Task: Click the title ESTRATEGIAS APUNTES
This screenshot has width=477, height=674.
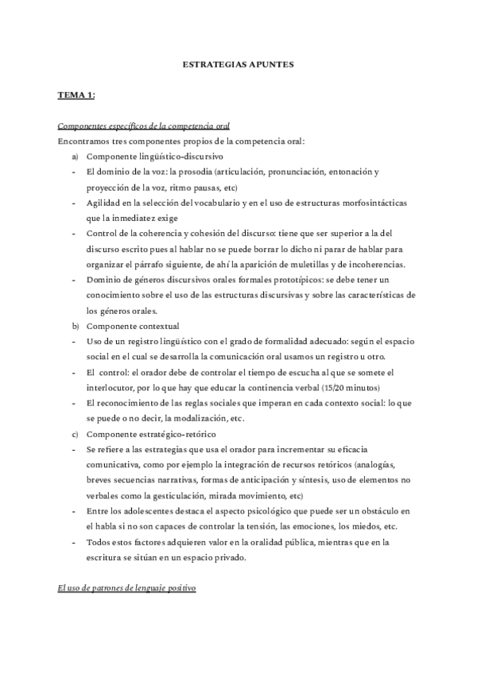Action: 238,65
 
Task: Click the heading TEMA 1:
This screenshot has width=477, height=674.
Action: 76,95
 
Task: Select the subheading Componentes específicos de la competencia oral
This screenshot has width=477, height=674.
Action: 144,126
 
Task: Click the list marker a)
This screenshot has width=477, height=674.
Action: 75,157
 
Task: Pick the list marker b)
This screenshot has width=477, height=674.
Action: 75,326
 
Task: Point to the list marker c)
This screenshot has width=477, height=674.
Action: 75,433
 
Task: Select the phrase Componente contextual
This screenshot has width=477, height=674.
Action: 133,326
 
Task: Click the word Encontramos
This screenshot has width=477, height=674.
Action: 87,141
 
